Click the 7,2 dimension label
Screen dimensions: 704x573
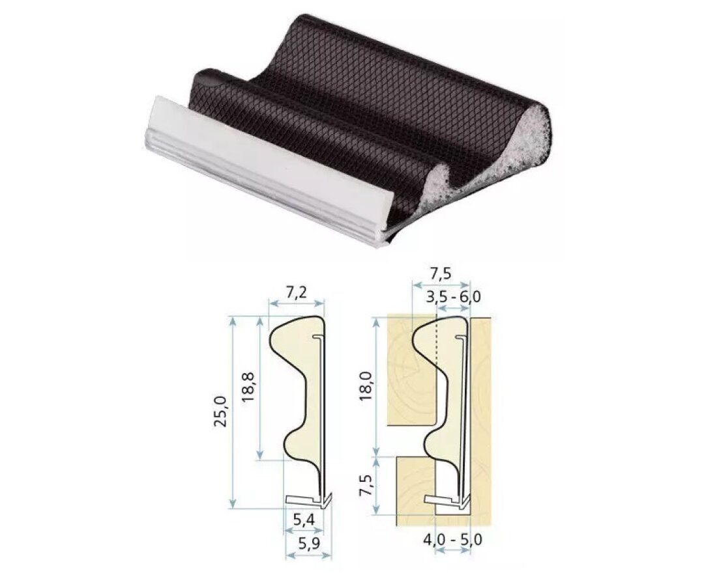pyautogui.click(x=296, y=292)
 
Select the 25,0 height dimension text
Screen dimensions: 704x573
pyautogui.click(x=223, y=411)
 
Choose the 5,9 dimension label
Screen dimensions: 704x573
pyautogui.click(x=309, y=544)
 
